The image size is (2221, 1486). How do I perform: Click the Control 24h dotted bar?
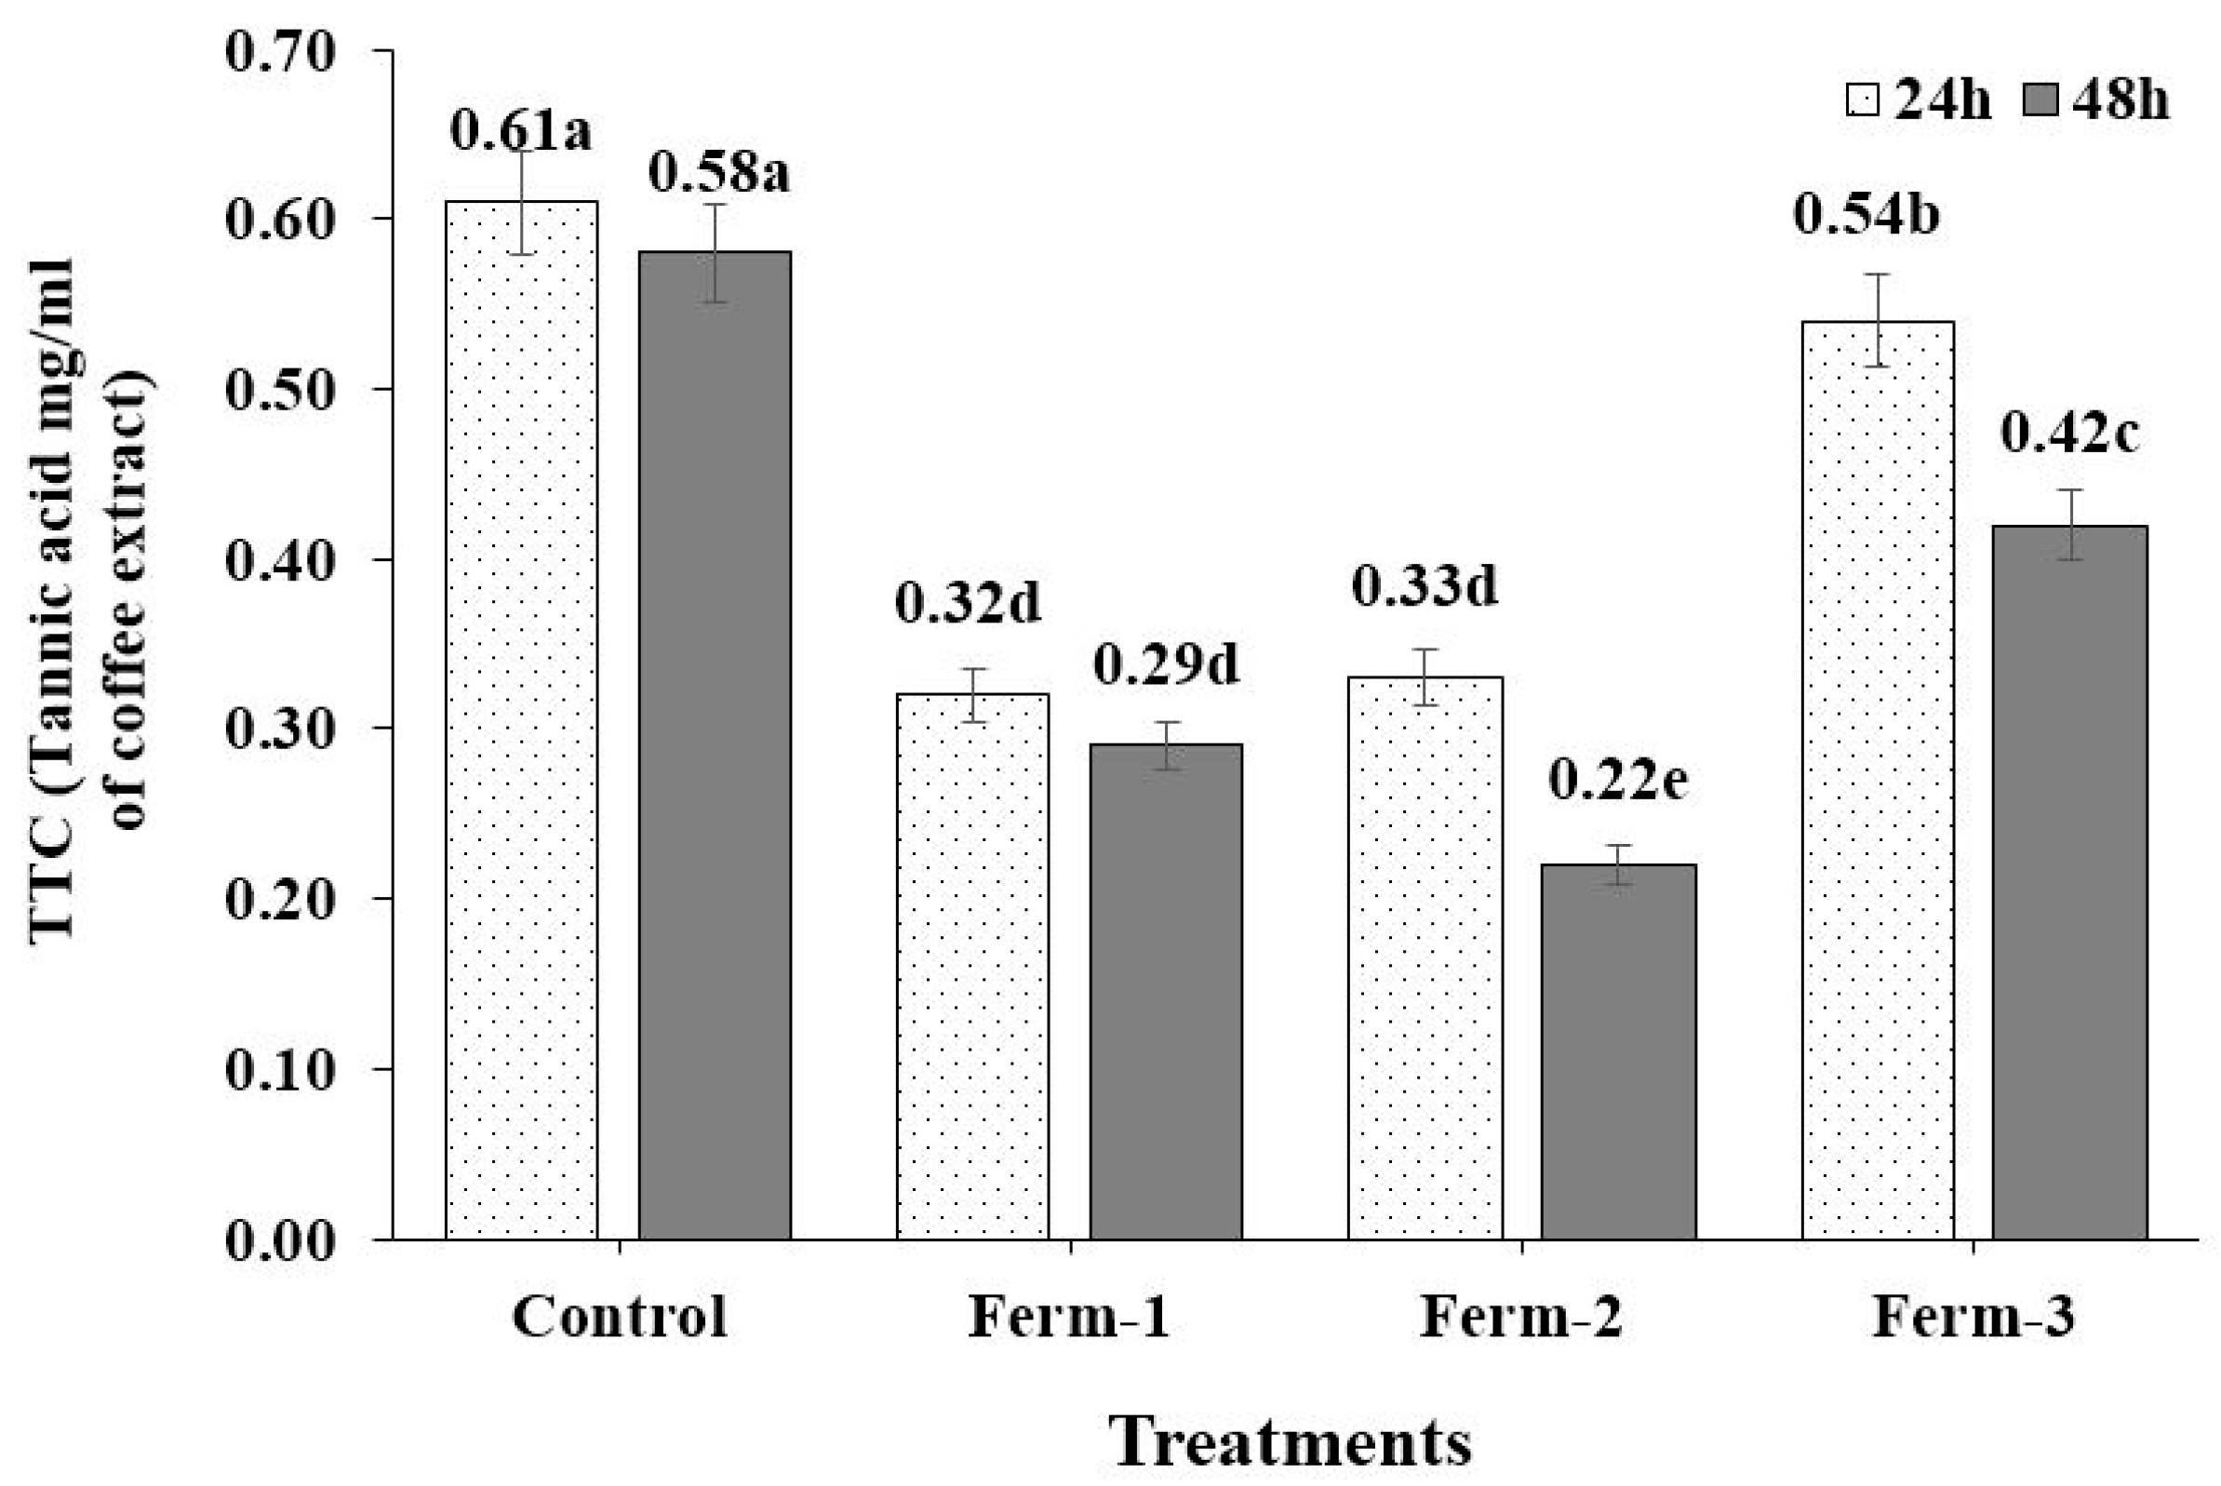click(x=521, y=720)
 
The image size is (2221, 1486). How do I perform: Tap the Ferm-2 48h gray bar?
click(x=1618, y=1052)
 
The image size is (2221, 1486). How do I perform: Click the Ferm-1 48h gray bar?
click(x=1166, y=991)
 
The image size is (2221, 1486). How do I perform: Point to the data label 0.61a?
click(x=520, y=131)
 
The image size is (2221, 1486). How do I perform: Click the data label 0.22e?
click(x=1618, y=779)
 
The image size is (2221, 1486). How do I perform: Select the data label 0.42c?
click(x=2070, y=433)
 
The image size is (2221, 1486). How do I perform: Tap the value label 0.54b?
click(x=1866, y=214)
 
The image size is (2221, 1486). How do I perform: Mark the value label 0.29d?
click(x=1166, y=664)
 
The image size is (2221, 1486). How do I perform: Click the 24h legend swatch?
click(x=1862, y=99)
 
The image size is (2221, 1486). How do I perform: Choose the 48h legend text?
click(x=2121, y=100)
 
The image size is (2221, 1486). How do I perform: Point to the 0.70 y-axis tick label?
click(x=267, y=51)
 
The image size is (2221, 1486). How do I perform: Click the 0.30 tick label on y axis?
click(x=267, y=730)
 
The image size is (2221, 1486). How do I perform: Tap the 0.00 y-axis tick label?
click(x=267, y=1240)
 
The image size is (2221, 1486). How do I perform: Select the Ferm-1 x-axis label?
click(x=1069, y=1317)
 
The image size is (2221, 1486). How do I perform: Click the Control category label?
click(x=620, y=1317)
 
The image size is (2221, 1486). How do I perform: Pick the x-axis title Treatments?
click(x=1291, y=1441)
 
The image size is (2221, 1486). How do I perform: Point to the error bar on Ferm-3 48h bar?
click(x=2071, y=524)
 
